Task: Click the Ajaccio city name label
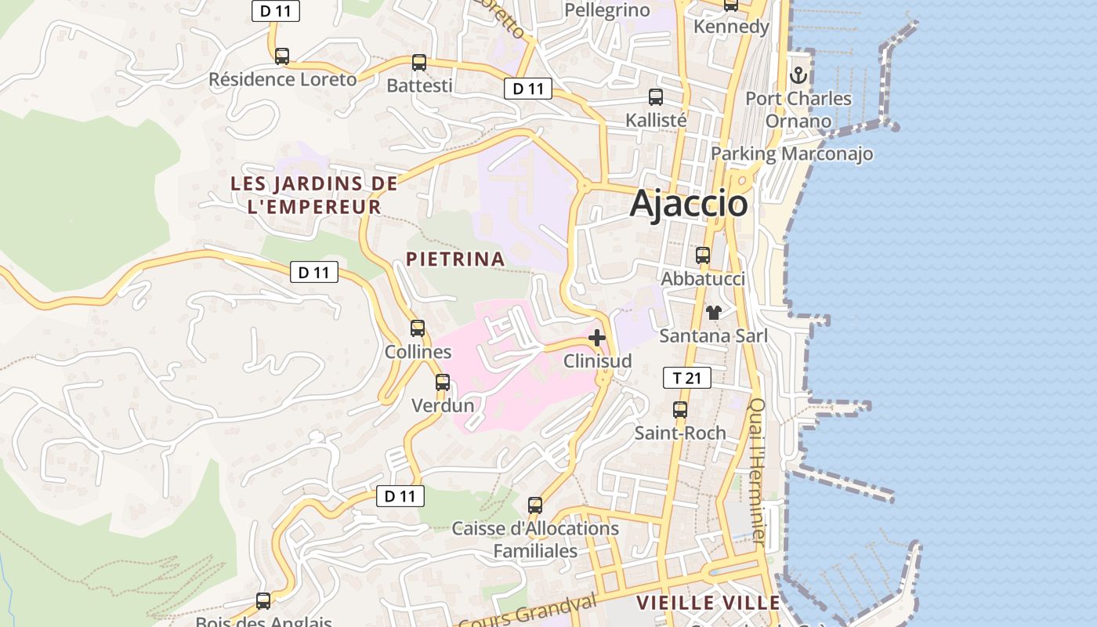[x=689, y=203]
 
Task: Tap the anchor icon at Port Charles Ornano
[x=798, y=75]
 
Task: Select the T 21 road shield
[x=686, y=379]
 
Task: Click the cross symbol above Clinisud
[x=597, y=338]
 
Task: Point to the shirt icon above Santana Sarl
[x=713, y=313]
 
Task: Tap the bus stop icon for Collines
[x=418, y=328]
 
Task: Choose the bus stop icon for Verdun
[x=443, y=382]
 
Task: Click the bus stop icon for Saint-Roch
[x=680, y=410]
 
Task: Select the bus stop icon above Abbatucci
[x=703, y=256]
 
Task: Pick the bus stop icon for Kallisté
[x=656, y=97]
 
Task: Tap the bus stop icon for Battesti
[x=419, y=63]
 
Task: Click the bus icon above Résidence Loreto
[x=282, y=56]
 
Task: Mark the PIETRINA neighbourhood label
[x=454, y=259]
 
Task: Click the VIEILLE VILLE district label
[x=708, y=603]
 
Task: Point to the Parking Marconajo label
[x=791, y=154]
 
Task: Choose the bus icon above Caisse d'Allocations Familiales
[x=535, y=506]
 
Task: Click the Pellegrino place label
[x=607, y=10]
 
